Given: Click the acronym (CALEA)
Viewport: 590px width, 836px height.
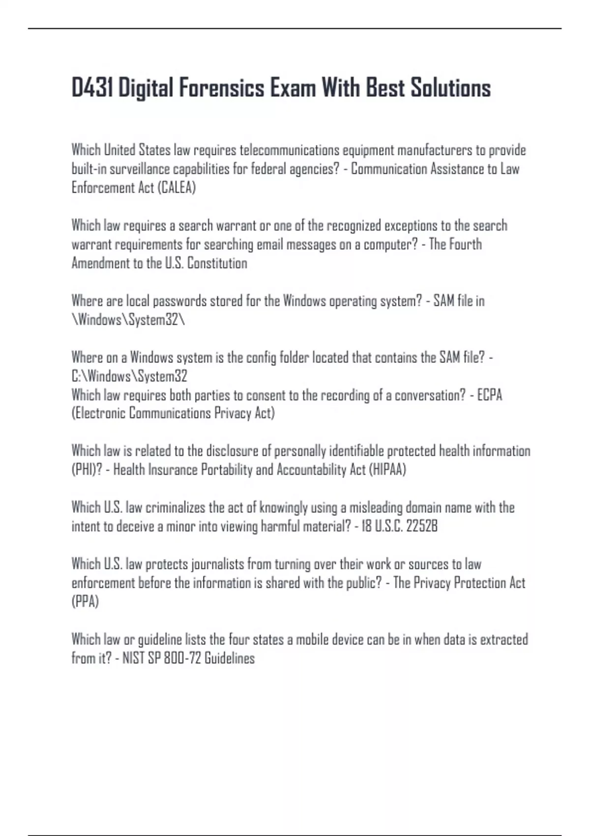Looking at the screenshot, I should [x=177, y=188].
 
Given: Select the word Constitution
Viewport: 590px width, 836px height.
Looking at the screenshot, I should [x=217, y=263].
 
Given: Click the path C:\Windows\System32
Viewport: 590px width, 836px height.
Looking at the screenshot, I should [x=129, y=377].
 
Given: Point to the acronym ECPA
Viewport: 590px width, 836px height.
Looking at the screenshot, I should [x=490, y=395].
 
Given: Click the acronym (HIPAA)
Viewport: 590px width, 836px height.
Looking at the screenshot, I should [x=387, y=470].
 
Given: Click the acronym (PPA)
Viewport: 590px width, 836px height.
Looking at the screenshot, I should [x=85, y=602].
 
